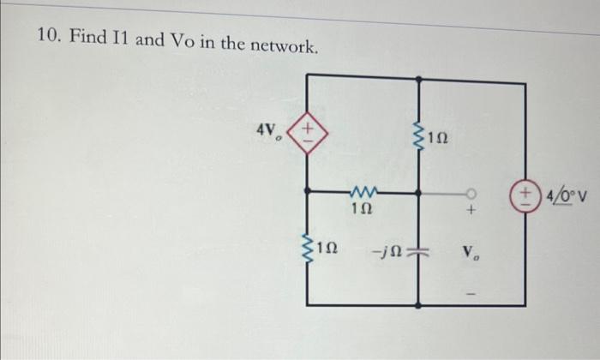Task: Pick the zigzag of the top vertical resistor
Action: [419, 140]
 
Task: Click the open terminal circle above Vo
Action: [470, 193]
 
